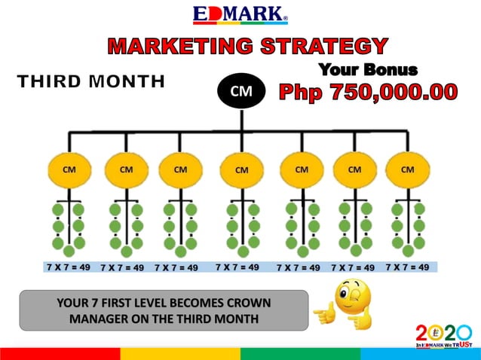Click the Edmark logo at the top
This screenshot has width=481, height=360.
tap(240, 14)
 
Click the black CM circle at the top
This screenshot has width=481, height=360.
tap(240, 92)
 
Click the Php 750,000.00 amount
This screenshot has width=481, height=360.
tap(368, 93)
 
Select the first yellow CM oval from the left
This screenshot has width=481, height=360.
tap(69, 169)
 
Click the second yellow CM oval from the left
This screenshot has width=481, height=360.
tap(126, 169)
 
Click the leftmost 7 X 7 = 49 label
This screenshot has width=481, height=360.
tap(69, 267)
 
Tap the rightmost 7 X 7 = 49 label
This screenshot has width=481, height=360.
tap(407, 267)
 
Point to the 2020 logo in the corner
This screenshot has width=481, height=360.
tap(443, 334)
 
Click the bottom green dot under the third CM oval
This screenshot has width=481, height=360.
tap(181, 251)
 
